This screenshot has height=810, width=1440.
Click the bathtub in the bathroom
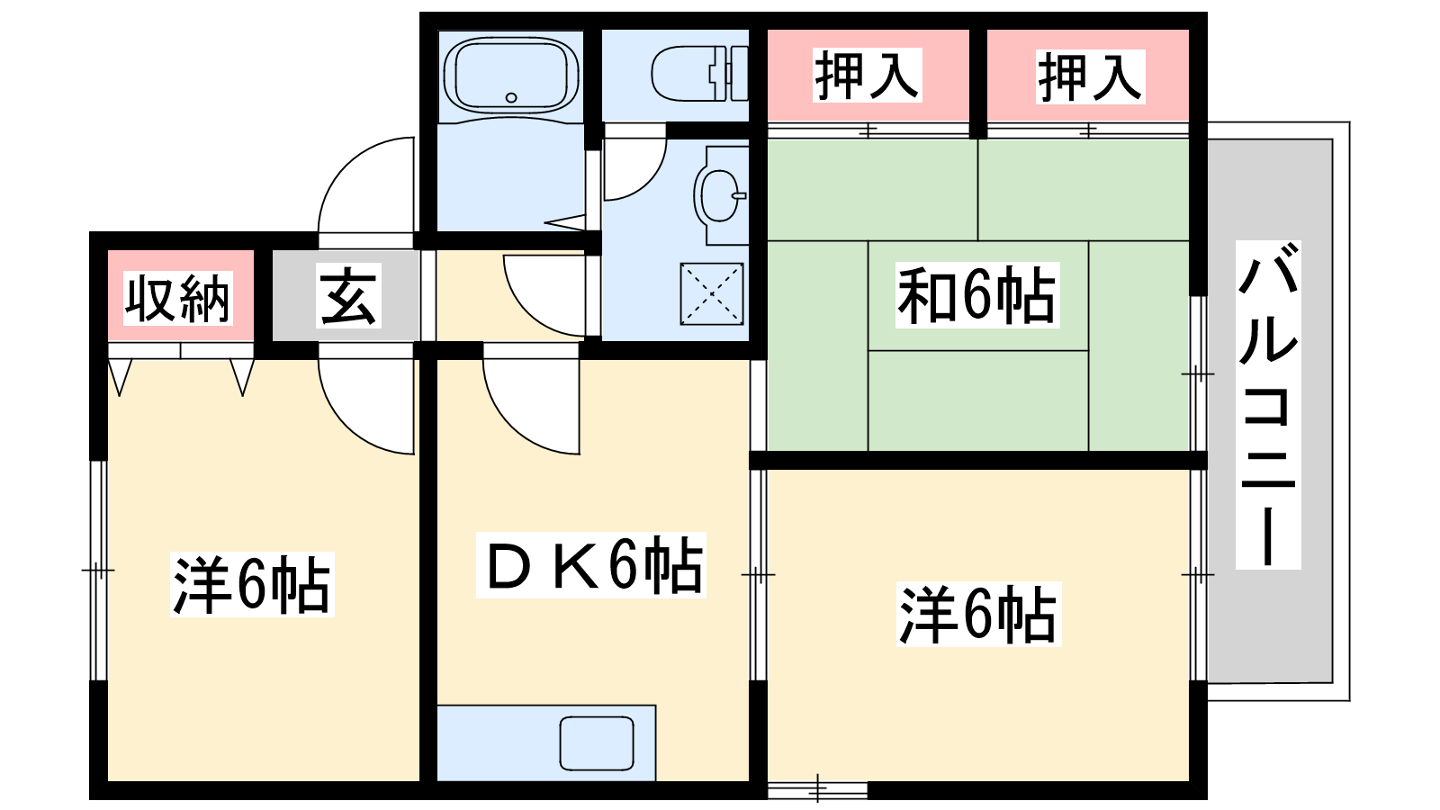click(511, 76)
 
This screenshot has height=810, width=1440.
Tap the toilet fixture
click(700, 73)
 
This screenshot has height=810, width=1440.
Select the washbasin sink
click(719, 195)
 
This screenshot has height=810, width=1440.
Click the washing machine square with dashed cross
click(712, 293)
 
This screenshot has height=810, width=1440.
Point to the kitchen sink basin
click(597, 743)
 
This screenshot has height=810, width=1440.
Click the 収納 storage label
click(177, 298)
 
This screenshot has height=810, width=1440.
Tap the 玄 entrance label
click(347, 295)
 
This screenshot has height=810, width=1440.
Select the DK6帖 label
click(591, 565)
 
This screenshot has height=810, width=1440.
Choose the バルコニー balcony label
click(1268, 405)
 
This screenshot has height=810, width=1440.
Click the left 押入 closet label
click(868, 76)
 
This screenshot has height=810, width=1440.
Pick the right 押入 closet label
click(1090, 76)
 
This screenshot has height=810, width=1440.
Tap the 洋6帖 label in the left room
click(252, 584)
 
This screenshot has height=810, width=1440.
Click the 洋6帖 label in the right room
click(979, 614)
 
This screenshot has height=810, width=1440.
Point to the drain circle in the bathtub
click(511, 98)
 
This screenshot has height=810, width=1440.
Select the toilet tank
click(730, 73)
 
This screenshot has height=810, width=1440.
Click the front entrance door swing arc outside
click(366, 184)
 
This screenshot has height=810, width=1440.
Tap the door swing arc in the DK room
click(531, 406)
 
